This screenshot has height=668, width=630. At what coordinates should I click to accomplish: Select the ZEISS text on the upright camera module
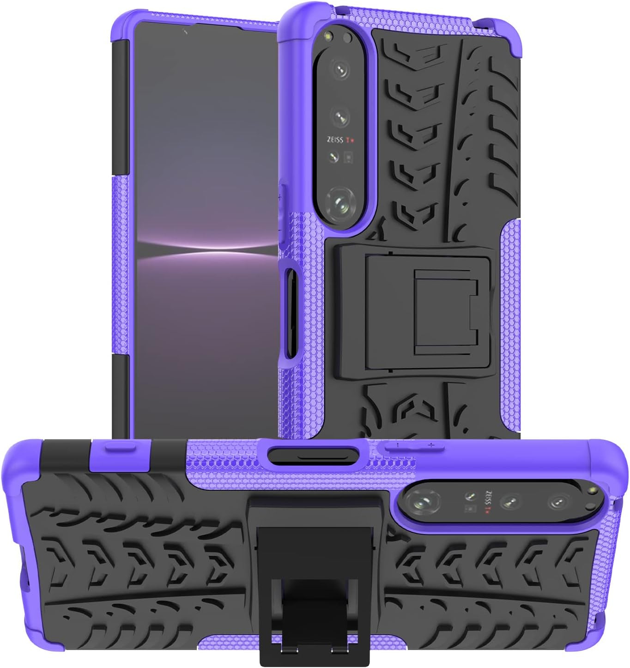coord(335,140)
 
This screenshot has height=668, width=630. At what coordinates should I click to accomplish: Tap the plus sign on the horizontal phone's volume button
coord(431,445)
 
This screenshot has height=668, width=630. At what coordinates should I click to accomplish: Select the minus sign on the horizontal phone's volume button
coord(397,445)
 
